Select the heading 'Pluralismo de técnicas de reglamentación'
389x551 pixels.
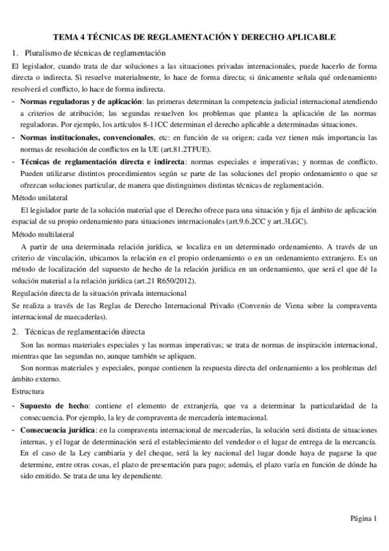point(95,52)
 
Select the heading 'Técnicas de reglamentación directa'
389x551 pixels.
point(85,331)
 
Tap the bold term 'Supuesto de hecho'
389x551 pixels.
point(55,405)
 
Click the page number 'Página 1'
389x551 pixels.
point(363,518)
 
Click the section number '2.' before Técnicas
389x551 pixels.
point(16,331)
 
